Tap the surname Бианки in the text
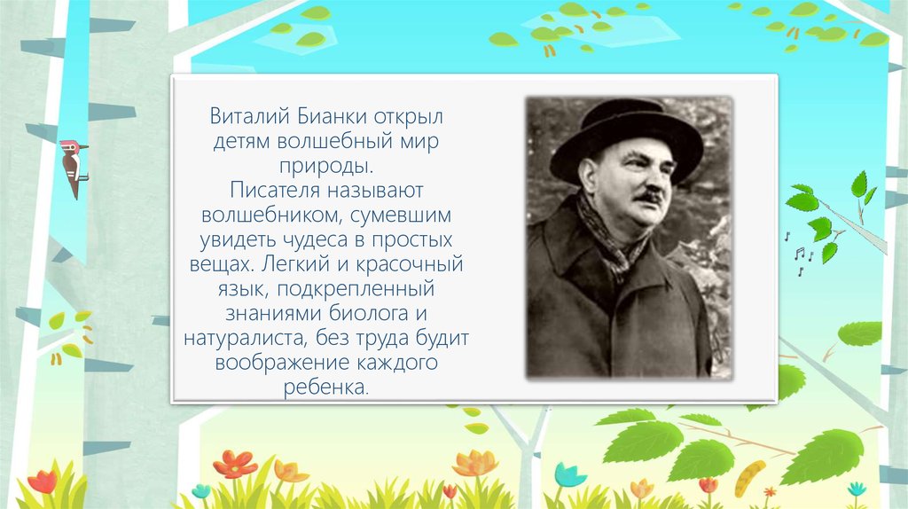[333, 116]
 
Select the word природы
[326, 166]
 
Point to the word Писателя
[275, 191]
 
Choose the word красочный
[410, 264]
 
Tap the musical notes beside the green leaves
[800, 254]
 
